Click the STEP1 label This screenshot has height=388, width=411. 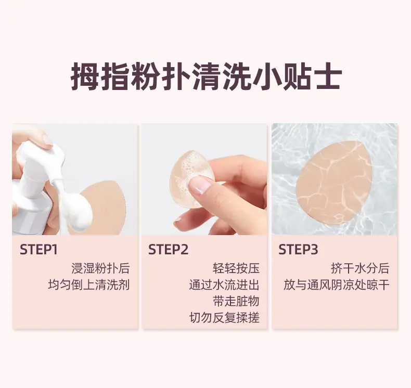click(38, 249)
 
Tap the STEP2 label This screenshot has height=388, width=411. click(168, 249)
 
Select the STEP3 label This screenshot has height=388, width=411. click(298, 249)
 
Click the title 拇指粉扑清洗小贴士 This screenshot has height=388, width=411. click(207, 76)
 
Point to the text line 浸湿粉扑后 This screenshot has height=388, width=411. click(100, 268)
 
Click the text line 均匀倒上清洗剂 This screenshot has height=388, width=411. click(89, 285)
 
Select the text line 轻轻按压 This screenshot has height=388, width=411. click(236, 268)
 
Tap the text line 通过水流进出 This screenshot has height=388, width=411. click(224, 285)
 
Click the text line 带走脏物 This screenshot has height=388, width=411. click(236, 301)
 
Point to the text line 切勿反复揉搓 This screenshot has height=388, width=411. click(224, 318)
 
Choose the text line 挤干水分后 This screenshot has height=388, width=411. click(360, 268)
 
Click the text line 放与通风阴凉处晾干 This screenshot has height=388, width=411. click(336, 285)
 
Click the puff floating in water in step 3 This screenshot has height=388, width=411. click(335, 184)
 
